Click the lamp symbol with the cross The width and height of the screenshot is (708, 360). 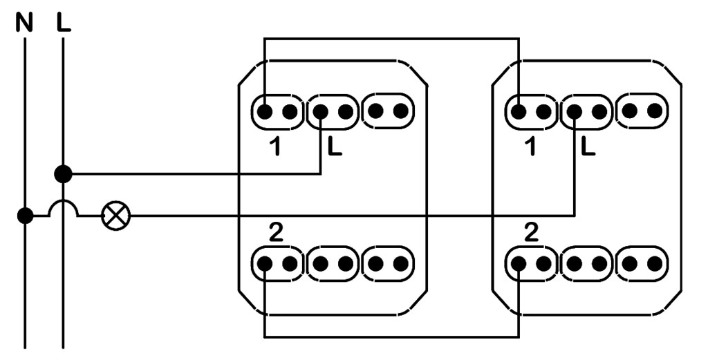(115, 216)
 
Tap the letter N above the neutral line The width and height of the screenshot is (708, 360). (25, 23)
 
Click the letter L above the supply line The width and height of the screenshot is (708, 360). (64, 23)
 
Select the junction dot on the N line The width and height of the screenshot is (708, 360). (26, 216)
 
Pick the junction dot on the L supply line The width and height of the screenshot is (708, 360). (63, 173)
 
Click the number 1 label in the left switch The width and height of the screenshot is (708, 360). (275, 148)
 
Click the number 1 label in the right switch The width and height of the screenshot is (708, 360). (530, 148)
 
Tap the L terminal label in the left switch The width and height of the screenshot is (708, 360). (335, 148)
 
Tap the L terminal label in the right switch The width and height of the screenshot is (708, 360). (588, 148)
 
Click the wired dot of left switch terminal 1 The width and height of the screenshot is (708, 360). (265, 111)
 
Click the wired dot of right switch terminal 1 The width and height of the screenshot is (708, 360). (519, 111)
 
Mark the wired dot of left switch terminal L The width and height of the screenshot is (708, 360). (320, 111)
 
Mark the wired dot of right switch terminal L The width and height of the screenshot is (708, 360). (575, 111)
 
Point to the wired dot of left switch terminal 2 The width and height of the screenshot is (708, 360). (265, 263)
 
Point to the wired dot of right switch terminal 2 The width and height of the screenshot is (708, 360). (519, 263)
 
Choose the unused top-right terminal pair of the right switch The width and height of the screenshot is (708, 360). (642, 111)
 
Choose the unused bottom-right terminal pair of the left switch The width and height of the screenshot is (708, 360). (387, 263)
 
